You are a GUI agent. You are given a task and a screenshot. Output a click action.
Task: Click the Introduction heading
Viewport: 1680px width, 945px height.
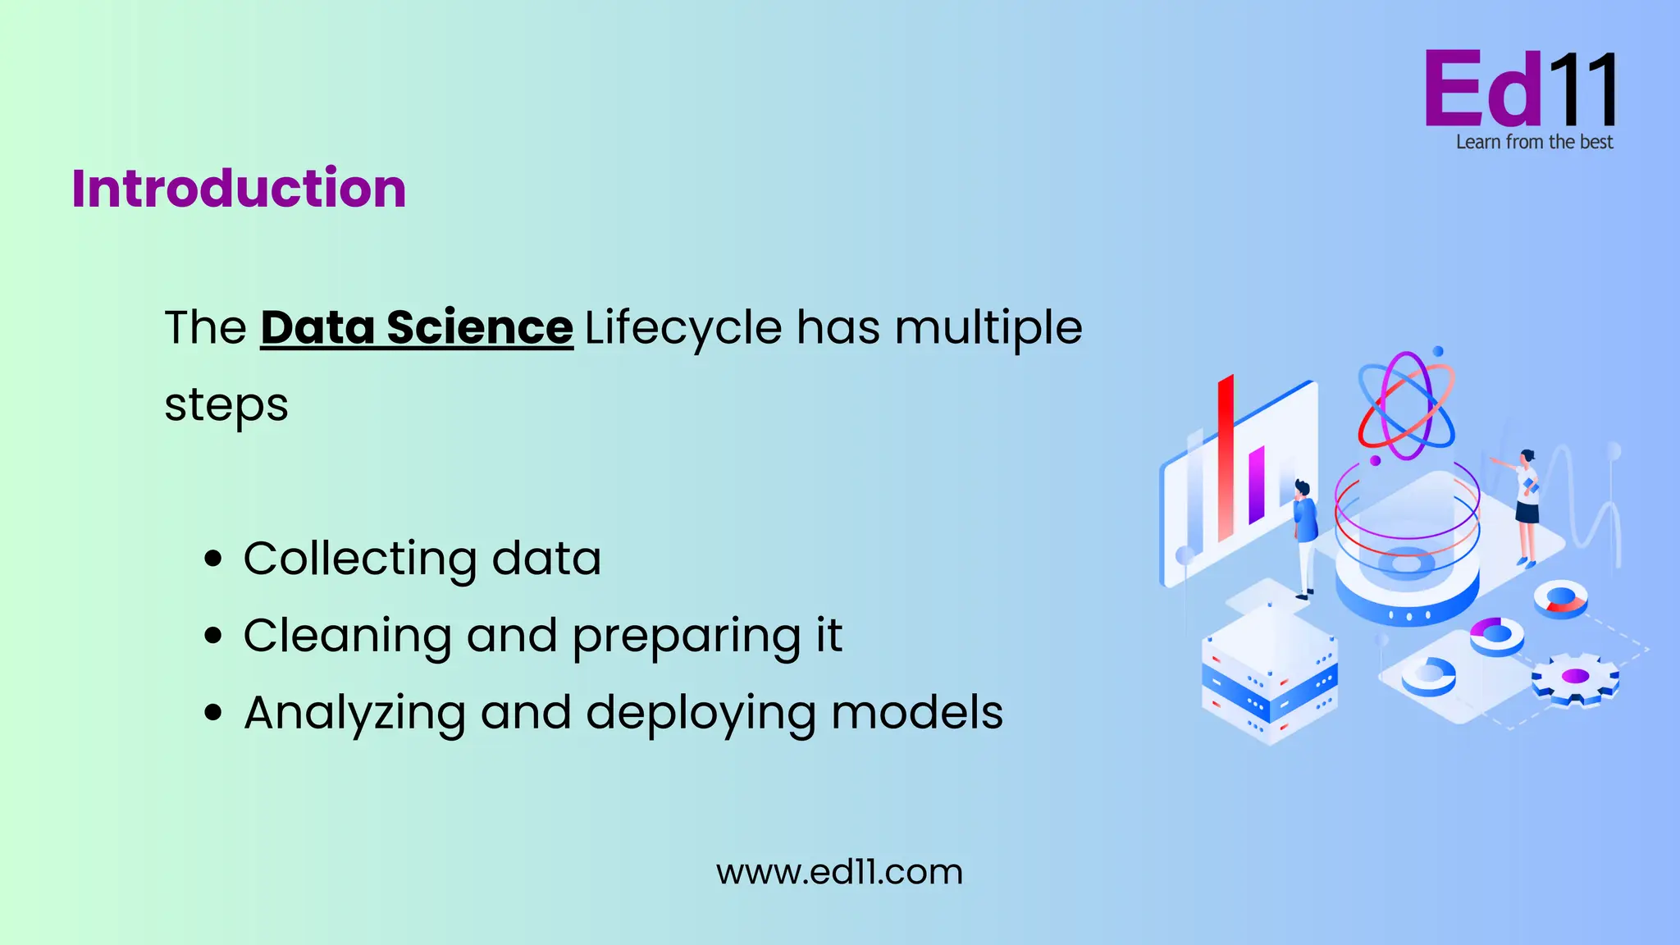click(x=239, y=189)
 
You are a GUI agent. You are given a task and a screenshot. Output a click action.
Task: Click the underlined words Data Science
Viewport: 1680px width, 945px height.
click(x=417, y=328)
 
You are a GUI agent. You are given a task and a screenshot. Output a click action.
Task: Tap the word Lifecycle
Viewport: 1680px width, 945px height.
click(x=683, y=328)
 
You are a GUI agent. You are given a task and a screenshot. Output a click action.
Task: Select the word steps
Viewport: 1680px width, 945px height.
click(x=226, y=405)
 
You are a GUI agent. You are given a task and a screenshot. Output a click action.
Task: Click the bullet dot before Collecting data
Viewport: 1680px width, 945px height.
click(x=213, y=559)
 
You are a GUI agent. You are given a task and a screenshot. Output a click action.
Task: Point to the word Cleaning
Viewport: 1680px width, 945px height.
click(x=347, y=636)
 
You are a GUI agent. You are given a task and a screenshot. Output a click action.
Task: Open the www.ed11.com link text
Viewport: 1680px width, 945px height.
click(x=839, y=872)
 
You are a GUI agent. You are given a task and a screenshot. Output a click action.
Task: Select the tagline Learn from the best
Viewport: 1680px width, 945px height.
click(x=1534, y=143)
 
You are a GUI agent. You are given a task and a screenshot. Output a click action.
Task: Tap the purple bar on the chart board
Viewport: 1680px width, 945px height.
click(x=1257, y=485)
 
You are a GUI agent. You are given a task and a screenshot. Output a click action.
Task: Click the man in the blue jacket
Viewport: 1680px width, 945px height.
click(x=1304, y=533)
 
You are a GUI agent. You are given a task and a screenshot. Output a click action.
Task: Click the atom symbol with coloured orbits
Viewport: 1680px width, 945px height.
click(x=1406, y=405)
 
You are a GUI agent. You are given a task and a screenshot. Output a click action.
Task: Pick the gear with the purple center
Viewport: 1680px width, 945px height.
click(x=1575, y=678)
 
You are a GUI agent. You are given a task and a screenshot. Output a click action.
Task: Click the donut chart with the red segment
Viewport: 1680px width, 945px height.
click(x=1561, y=599)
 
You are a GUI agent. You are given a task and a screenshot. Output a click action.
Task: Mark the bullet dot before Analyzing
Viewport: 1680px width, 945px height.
click(x=213, y=713)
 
